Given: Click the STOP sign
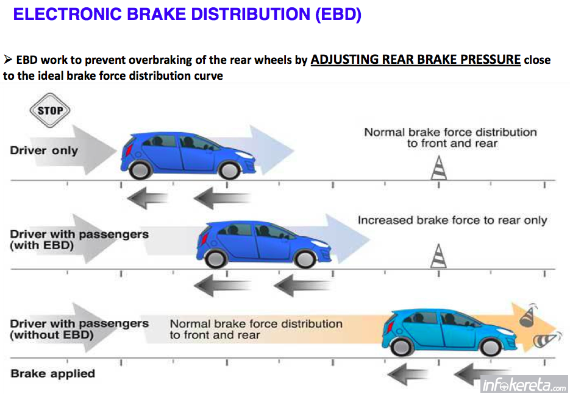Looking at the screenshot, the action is (x=50, y=110).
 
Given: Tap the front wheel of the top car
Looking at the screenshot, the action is (x=229, y=170).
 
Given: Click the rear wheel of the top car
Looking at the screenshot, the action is (x=140, y=169).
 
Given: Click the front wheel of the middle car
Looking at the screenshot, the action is (x=305, y=259).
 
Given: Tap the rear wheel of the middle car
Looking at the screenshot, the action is (x=216, y=259).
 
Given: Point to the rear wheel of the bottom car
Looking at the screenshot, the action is (x=402, y=347).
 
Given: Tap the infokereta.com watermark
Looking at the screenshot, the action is (x=524, y=384).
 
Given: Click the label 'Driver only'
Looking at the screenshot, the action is (x=44, y=150).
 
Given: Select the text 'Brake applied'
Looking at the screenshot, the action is (x=52, y=373).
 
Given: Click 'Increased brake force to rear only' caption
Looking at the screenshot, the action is (x=452, y=220).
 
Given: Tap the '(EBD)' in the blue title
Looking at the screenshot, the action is (x=338, y=14).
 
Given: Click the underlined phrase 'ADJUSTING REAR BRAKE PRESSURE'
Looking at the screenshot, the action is (x=416, y=60).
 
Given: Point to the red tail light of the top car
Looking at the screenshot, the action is (x=127, y=150).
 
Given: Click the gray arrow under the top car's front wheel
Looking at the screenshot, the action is (x=222, y=199).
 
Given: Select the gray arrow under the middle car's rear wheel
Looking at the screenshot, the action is (x=222, y=285).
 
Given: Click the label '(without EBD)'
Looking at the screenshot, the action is (x=52, y=334).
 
